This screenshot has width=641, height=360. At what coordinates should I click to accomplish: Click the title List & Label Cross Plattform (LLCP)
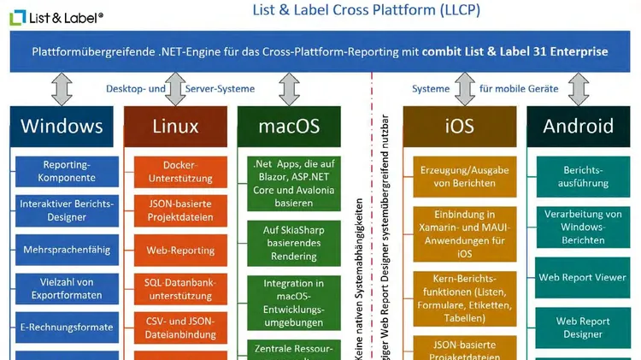[x=366, y=11]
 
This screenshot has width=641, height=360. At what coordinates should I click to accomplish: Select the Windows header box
[x=62, y=127]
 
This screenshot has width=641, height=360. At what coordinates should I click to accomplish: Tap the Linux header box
[x=175, y=127]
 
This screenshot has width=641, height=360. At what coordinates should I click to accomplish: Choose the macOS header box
[x=289, y=127]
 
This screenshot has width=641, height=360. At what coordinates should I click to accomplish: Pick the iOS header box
[x=459, y=127]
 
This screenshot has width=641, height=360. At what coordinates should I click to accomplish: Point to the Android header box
[x=579, y=127]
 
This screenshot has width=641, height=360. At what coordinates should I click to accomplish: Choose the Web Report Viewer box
[x=582, y=277]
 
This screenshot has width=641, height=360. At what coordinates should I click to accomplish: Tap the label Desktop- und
[x=133, y=89]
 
